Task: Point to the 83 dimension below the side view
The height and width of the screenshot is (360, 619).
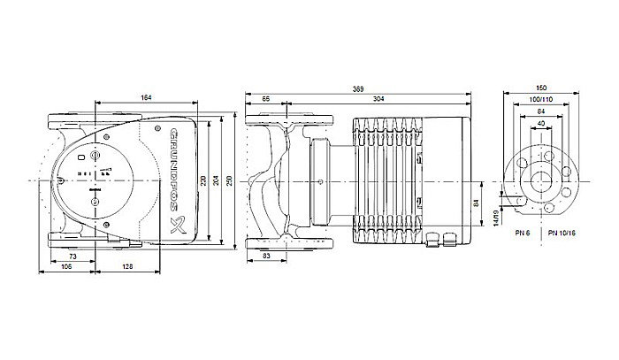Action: click(268, 256)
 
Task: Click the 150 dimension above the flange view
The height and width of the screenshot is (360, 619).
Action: click(541, 90)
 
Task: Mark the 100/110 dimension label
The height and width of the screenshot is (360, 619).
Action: click(541, 101)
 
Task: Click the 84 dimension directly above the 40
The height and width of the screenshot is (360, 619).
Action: click(541, 112)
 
